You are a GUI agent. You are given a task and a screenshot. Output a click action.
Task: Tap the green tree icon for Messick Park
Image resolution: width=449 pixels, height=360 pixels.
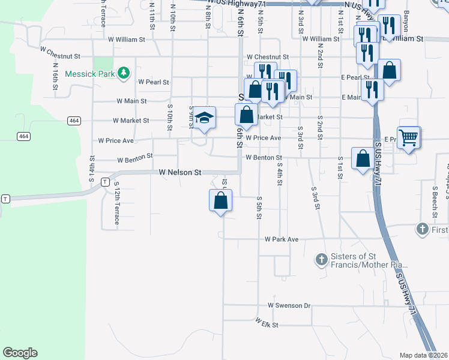click(124, 73)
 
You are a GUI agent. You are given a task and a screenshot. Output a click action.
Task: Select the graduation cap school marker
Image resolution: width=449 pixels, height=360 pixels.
click(204, 118)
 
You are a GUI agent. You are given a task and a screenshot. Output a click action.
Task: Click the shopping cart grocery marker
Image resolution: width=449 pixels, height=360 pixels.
click(408, 137)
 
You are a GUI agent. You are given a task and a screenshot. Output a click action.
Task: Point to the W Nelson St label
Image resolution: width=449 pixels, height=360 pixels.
click(180, 172)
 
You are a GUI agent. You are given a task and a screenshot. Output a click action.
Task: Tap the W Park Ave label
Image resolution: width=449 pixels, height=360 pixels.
click(282, 239)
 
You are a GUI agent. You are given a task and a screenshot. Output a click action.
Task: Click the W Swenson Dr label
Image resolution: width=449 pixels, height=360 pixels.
click(289, 305)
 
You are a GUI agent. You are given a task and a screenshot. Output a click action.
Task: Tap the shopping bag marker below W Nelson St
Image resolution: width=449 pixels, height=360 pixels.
click(221, 200)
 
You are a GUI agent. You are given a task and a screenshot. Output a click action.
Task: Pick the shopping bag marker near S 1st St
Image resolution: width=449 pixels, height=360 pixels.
click(363, 159)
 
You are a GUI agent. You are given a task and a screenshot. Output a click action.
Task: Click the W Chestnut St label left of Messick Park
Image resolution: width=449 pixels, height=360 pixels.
click(60, 56)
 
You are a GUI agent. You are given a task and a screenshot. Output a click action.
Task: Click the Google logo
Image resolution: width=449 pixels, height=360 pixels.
click(20, 353)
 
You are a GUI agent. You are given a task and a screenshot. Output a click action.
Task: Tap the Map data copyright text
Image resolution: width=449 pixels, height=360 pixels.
click(423, 355)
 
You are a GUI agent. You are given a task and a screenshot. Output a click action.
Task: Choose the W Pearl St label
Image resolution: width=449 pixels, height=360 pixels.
click(154, 82)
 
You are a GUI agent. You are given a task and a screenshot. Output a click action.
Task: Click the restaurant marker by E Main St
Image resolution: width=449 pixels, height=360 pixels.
click(373, 90)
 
